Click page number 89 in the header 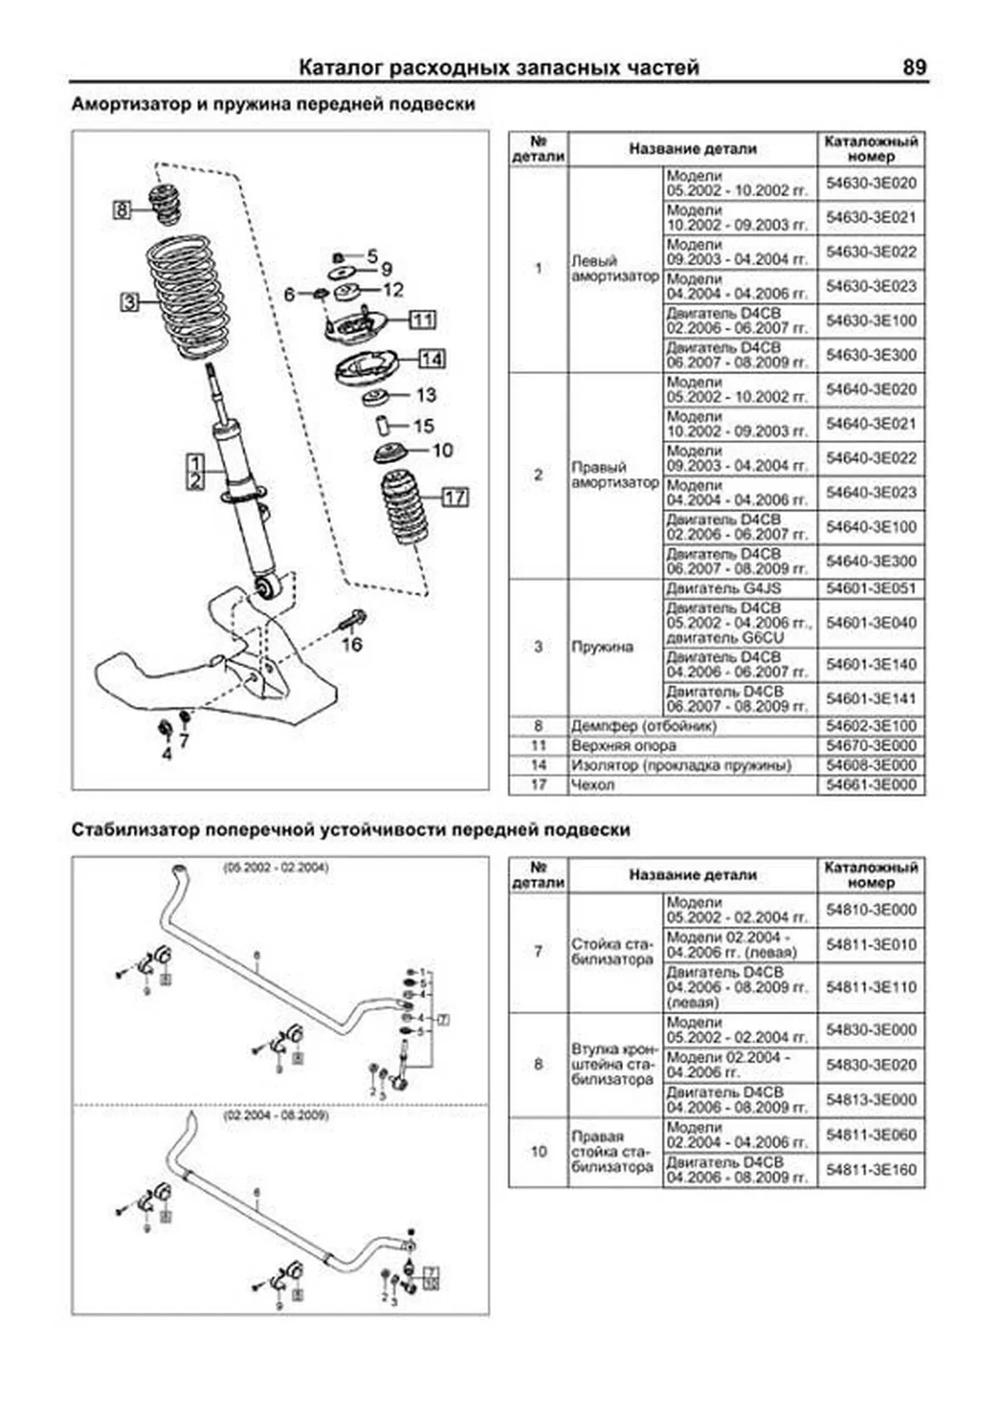913,67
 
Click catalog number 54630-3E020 871,183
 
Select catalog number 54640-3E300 871,561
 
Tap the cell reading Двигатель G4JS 723,588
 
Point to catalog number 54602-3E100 871,725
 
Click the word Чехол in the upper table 592,784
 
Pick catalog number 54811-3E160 871,1169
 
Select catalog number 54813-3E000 871,1099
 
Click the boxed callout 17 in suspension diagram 454,497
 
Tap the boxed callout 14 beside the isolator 431,359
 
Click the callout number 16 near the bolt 352,644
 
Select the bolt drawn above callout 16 353,620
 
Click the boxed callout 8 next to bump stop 121,210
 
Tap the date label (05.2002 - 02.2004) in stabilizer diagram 275,867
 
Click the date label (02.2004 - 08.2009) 275,1114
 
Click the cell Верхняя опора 623,745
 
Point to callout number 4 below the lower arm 166,754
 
